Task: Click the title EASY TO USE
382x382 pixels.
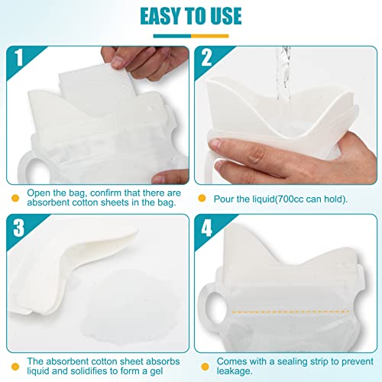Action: [190, 16]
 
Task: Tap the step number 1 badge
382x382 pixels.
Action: [18, 59]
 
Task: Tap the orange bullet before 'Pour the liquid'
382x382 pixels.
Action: [202, 198]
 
